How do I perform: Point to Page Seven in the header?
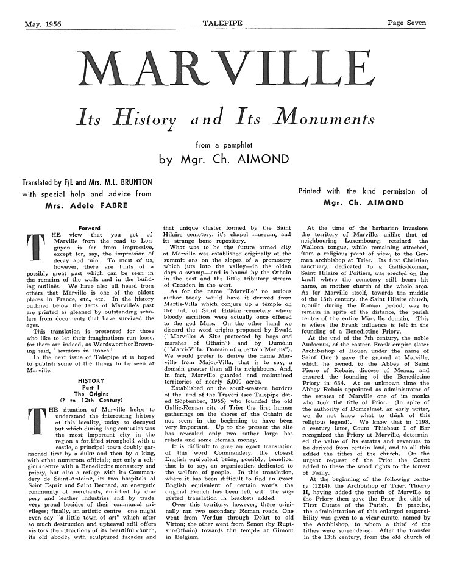407,7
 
